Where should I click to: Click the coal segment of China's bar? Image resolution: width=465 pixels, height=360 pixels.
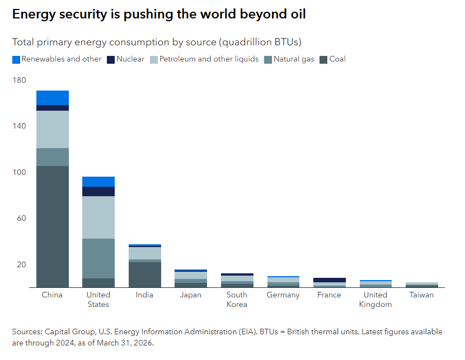pyautogui.click(x=53, y=226)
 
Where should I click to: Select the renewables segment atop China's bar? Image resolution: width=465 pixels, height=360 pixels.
pyautogui.click(x=53, y=98)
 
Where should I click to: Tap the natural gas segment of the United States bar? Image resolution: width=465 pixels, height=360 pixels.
pyautogui.click(x=98, y=258)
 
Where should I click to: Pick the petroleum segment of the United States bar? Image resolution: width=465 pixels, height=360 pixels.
pyautogui.click(x=98, y=217)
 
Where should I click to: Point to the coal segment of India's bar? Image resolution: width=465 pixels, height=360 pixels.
pyautogui.click(x=144, y=274)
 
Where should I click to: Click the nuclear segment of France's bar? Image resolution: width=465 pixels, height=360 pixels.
pyautogui.click(x=329, y=280)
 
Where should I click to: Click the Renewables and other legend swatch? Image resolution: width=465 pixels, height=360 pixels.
pyautogui.click(x=16, y=59)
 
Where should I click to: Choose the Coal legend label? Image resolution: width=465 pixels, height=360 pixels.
pyautogui.click(x=337, y=59)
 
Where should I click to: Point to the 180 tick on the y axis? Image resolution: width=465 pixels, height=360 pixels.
pyautogui.click(x=19, y=80)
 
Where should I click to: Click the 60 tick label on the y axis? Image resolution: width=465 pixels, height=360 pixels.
pyautogui.click(x=21, y=219)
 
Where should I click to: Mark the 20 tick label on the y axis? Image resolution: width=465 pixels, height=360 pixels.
pyautogui.click(x=21, y=264)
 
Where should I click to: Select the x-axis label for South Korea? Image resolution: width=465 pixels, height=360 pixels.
pyautogui.click(x=237, y=300)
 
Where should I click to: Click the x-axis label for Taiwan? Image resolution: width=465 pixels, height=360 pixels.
pyautogui.click(x=421, y=295)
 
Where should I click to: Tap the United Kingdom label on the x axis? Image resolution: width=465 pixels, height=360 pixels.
pyautogui.click(x=375, y=300)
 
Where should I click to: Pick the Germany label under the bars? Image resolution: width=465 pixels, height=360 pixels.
pyautogui.click(x=283, y=295)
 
